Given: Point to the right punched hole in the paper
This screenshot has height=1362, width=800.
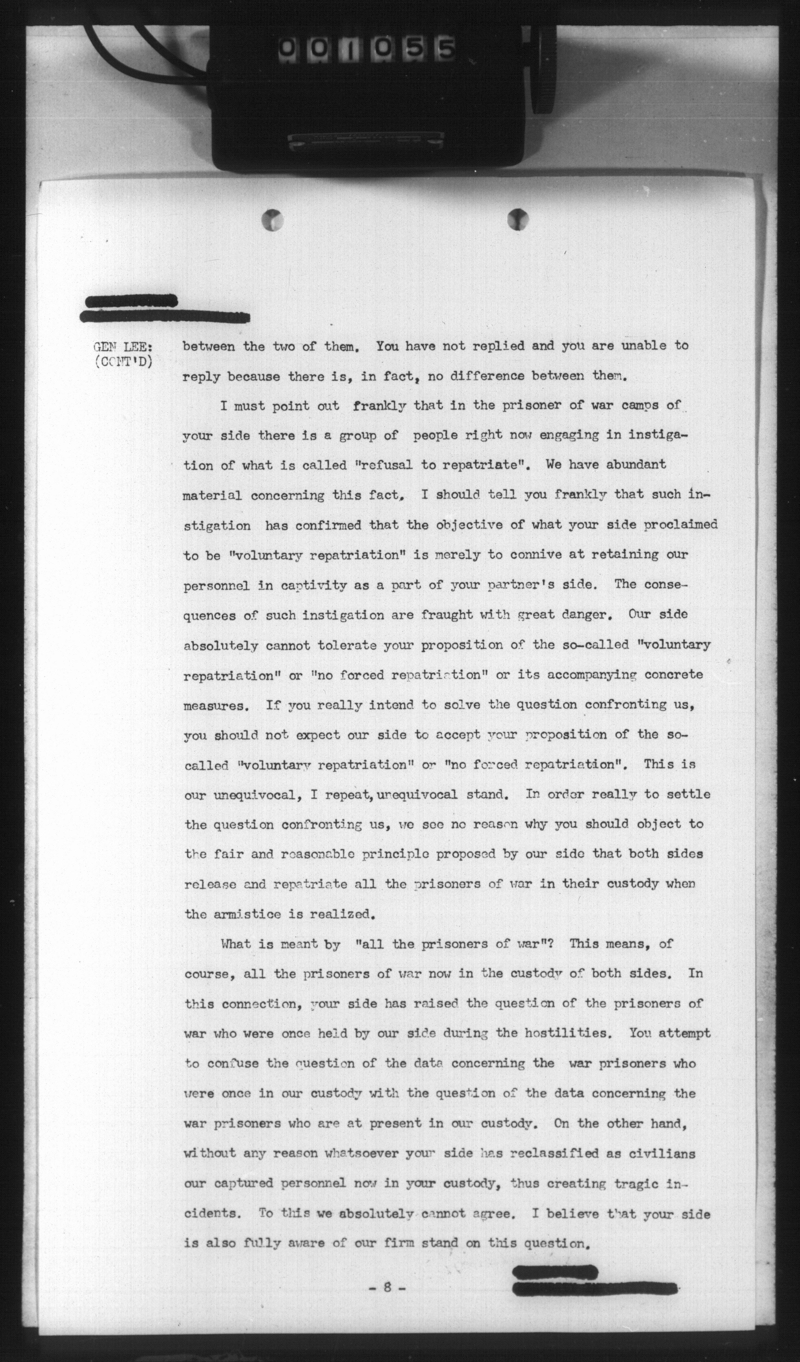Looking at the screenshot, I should pos(518,219).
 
